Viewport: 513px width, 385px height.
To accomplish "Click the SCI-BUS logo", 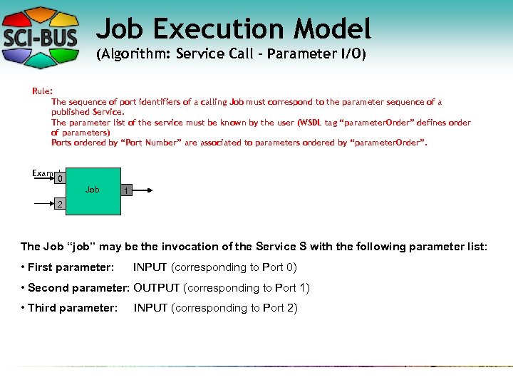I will click(42, 36).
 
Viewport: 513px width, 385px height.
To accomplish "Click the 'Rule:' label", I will click(42, 91).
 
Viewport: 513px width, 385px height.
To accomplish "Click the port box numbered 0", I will click(61, 178).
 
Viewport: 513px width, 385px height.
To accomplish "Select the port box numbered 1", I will click(125, 191).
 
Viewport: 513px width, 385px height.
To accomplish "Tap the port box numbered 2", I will click(61, 205).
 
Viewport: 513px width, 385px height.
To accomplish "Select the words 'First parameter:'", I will click(71, 267).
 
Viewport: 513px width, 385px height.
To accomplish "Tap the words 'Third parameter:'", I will click(72, 308).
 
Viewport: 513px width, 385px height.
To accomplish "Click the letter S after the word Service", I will click(303, 247).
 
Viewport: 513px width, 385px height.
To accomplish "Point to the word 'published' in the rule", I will click(71, 112).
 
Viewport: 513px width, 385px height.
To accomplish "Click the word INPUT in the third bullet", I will click(150, 308).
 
